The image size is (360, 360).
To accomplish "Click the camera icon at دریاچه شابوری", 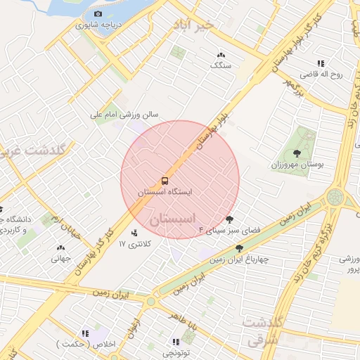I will pos(97,14).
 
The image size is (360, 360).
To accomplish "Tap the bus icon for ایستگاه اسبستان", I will pos(164,181).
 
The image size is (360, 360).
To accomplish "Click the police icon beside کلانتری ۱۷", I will pos(135,232).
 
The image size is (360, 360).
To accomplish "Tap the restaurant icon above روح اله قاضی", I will pos(321,63).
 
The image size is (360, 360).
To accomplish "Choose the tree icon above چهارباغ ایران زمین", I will pos(240,248).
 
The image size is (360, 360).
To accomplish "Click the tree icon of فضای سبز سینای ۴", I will pos(229,220).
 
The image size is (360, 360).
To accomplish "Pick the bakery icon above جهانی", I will pos(60,247).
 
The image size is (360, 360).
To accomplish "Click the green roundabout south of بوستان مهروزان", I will pos(335,196).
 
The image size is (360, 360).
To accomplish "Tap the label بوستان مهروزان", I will pos(297,164).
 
